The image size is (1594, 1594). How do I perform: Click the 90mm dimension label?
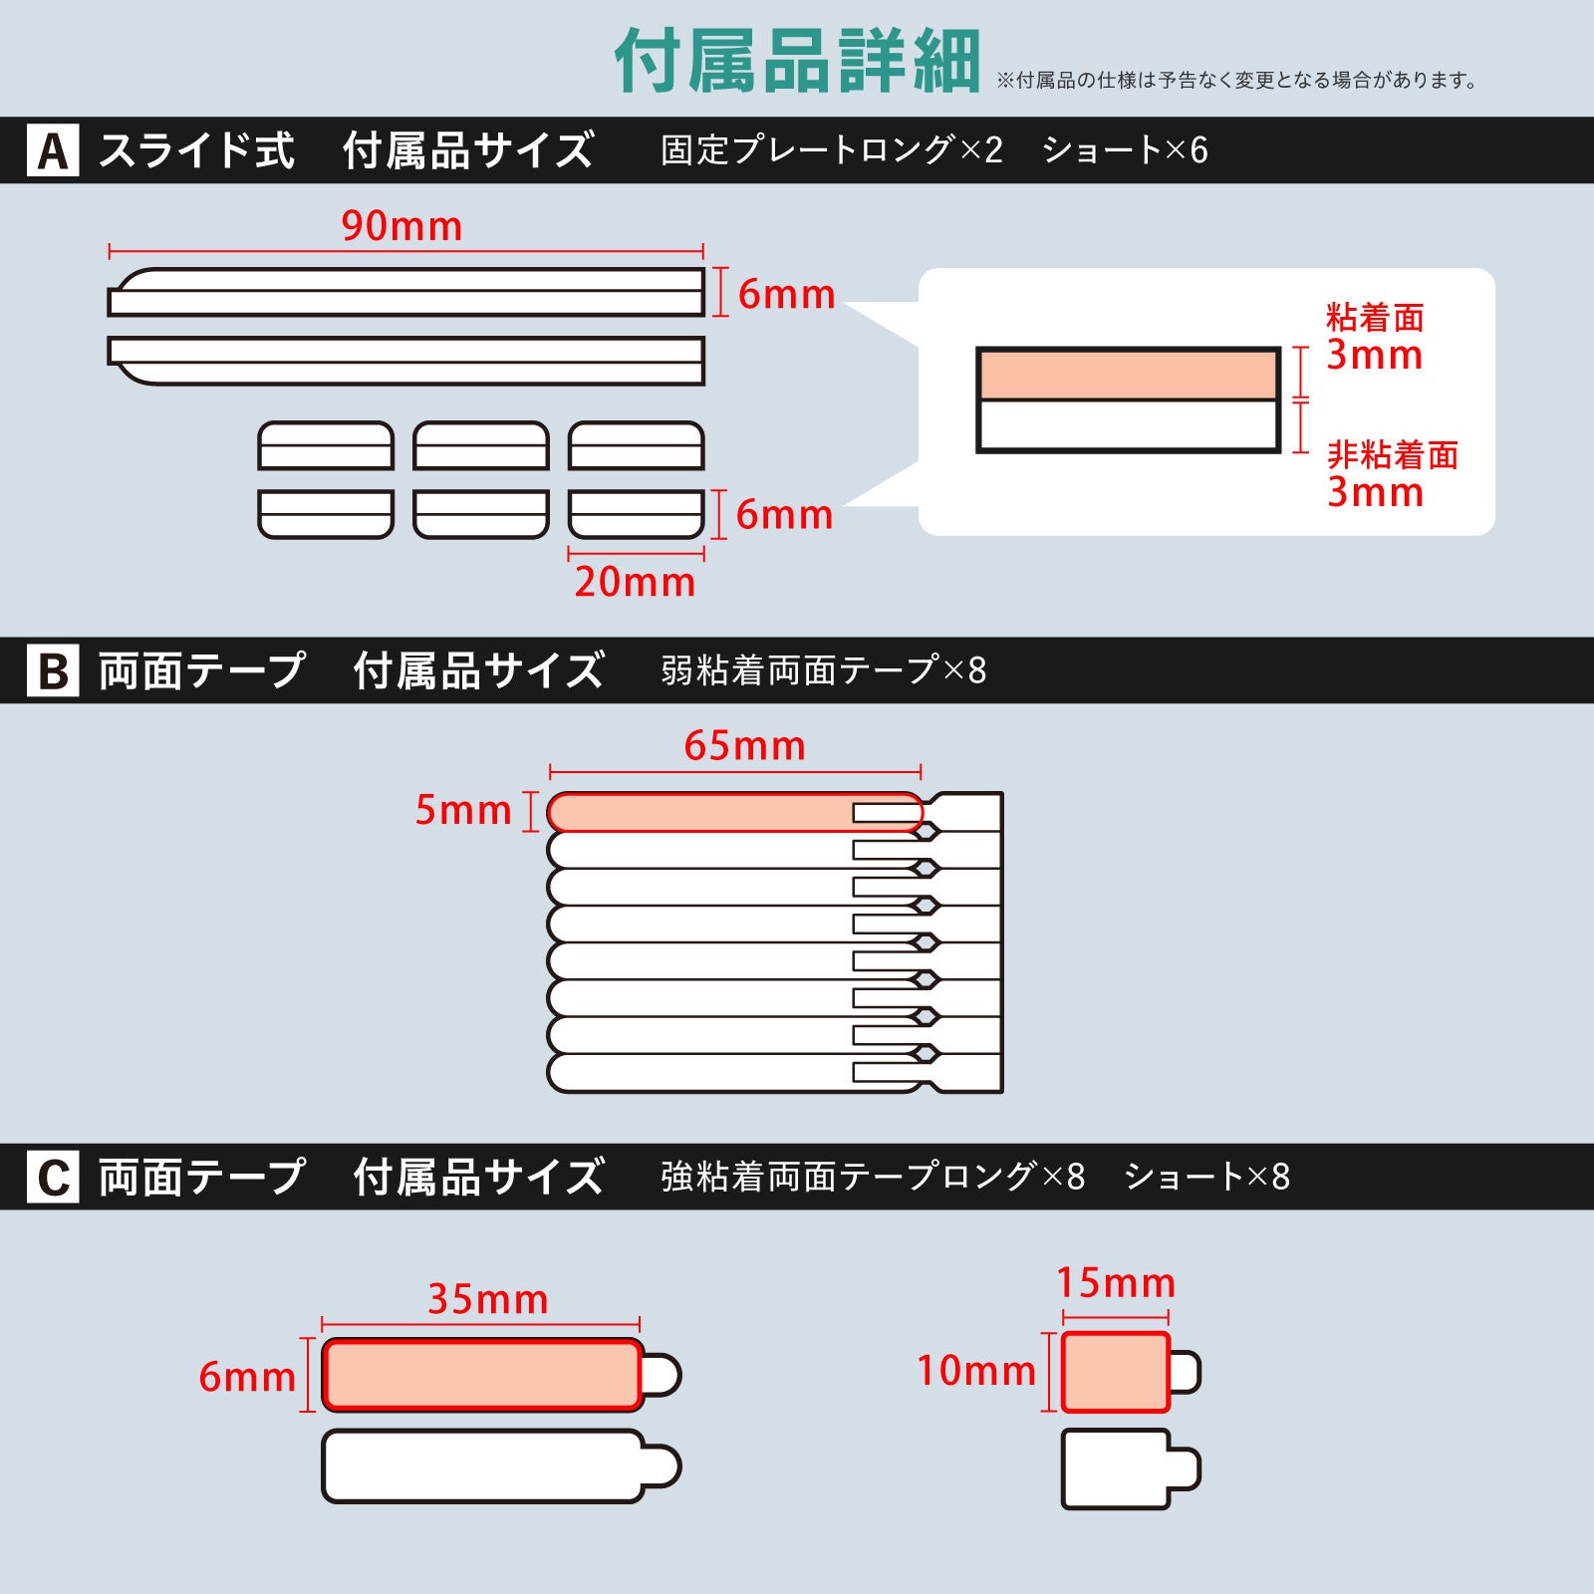pos(401,226)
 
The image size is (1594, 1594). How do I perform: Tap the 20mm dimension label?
pos(635,582)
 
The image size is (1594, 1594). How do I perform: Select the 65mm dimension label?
pos(744,746)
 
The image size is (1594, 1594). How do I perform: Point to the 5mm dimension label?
pos(463,810)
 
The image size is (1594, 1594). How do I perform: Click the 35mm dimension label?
pos(488,1299)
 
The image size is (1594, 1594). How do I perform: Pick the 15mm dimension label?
pos(1116,1283)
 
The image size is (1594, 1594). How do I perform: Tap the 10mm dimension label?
pos(976,1371)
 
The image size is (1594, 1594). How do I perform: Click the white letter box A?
pos(53,150)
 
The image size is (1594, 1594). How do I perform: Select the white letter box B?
pos(53,670)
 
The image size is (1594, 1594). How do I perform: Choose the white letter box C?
pos(53,1177)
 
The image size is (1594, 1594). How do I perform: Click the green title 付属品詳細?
pos(797,62)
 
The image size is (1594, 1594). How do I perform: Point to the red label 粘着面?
pos(1375,318)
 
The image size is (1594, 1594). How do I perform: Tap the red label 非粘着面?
pos(1392,455)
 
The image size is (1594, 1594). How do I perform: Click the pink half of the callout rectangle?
pos(1128,376)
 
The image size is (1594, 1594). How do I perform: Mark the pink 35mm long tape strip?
pos(482,1375)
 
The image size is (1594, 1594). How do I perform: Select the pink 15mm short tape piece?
pos(1115,1372)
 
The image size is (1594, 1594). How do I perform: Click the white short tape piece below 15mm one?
pos(1116,1468)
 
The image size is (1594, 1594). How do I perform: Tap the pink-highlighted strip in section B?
pos(697,812)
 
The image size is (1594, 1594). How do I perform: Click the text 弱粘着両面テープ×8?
pos(823,670)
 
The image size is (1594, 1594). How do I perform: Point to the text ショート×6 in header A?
pos(1125,150)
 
